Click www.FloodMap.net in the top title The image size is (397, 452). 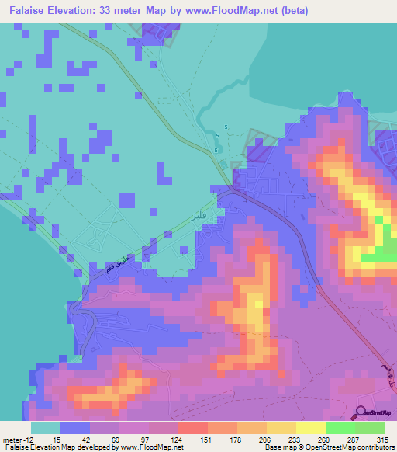point(237,11)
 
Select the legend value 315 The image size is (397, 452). point(385,440)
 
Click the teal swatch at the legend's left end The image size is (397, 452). point(46,428)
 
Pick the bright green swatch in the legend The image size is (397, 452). point(340,428)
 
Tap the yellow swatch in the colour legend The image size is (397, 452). point(310,428)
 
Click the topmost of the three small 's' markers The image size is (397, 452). point(226,127)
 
